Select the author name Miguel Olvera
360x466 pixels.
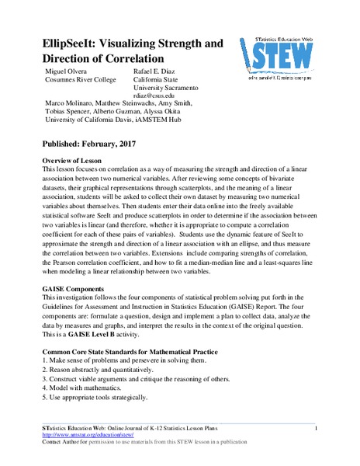(67, 72)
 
